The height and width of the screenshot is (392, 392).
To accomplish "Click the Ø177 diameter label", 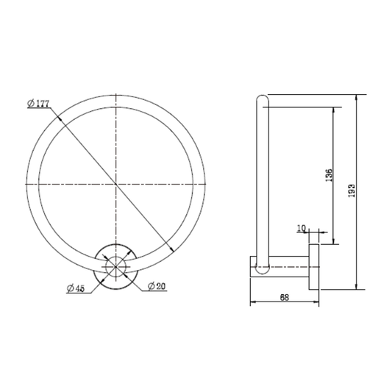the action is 38,103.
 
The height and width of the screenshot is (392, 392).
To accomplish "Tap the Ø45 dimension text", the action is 76,288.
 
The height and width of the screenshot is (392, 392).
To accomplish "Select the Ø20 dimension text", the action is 157,286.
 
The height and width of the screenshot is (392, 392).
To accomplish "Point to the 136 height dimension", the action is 329,175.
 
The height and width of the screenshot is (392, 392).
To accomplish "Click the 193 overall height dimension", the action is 352,190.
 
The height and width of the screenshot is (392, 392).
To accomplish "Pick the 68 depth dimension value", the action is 285,298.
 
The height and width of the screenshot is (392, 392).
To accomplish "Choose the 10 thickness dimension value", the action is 302,228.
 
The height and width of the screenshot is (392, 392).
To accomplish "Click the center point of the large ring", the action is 115,184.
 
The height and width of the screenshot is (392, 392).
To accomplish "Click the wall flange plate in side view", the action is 314,267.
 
